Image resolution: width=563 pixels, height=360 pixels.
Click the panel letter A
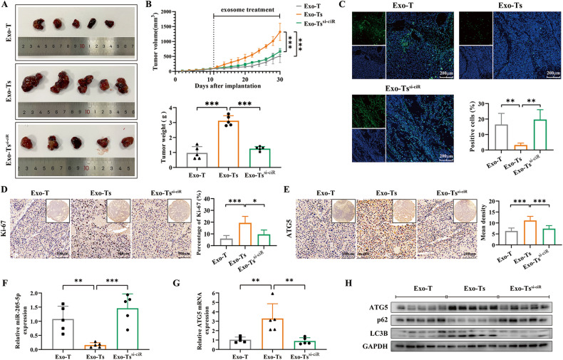[4, 6]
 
